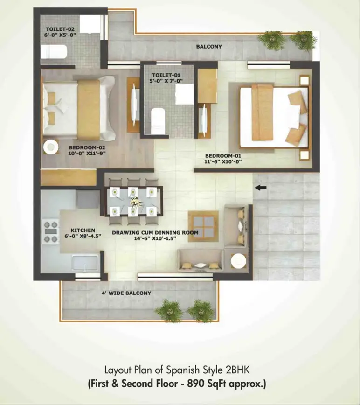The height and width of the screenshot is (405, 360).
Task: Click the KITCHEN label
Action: [83, 230]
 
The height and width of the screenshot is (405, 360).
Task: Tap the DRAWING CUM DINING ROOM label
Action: [155, 232]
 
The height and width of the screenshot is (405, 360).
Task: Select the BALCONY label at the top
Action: [209, 47]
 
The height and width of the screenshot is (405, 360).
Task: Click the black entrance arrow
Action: [261, 188]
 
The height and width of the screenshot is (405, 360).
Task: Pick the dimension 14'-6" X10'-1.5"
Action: [155, 238]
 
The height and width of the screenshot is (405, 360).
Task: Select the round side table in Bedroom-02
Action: [50, 147]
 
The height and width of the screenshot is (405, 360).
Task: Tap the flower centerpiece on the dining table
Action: [135, 202]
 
